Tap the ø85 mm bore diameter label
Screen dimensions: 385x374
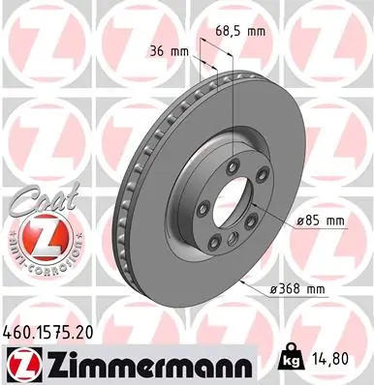tap(320, 221)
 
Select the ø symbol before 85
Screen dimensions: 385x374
tap(301, 221)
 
